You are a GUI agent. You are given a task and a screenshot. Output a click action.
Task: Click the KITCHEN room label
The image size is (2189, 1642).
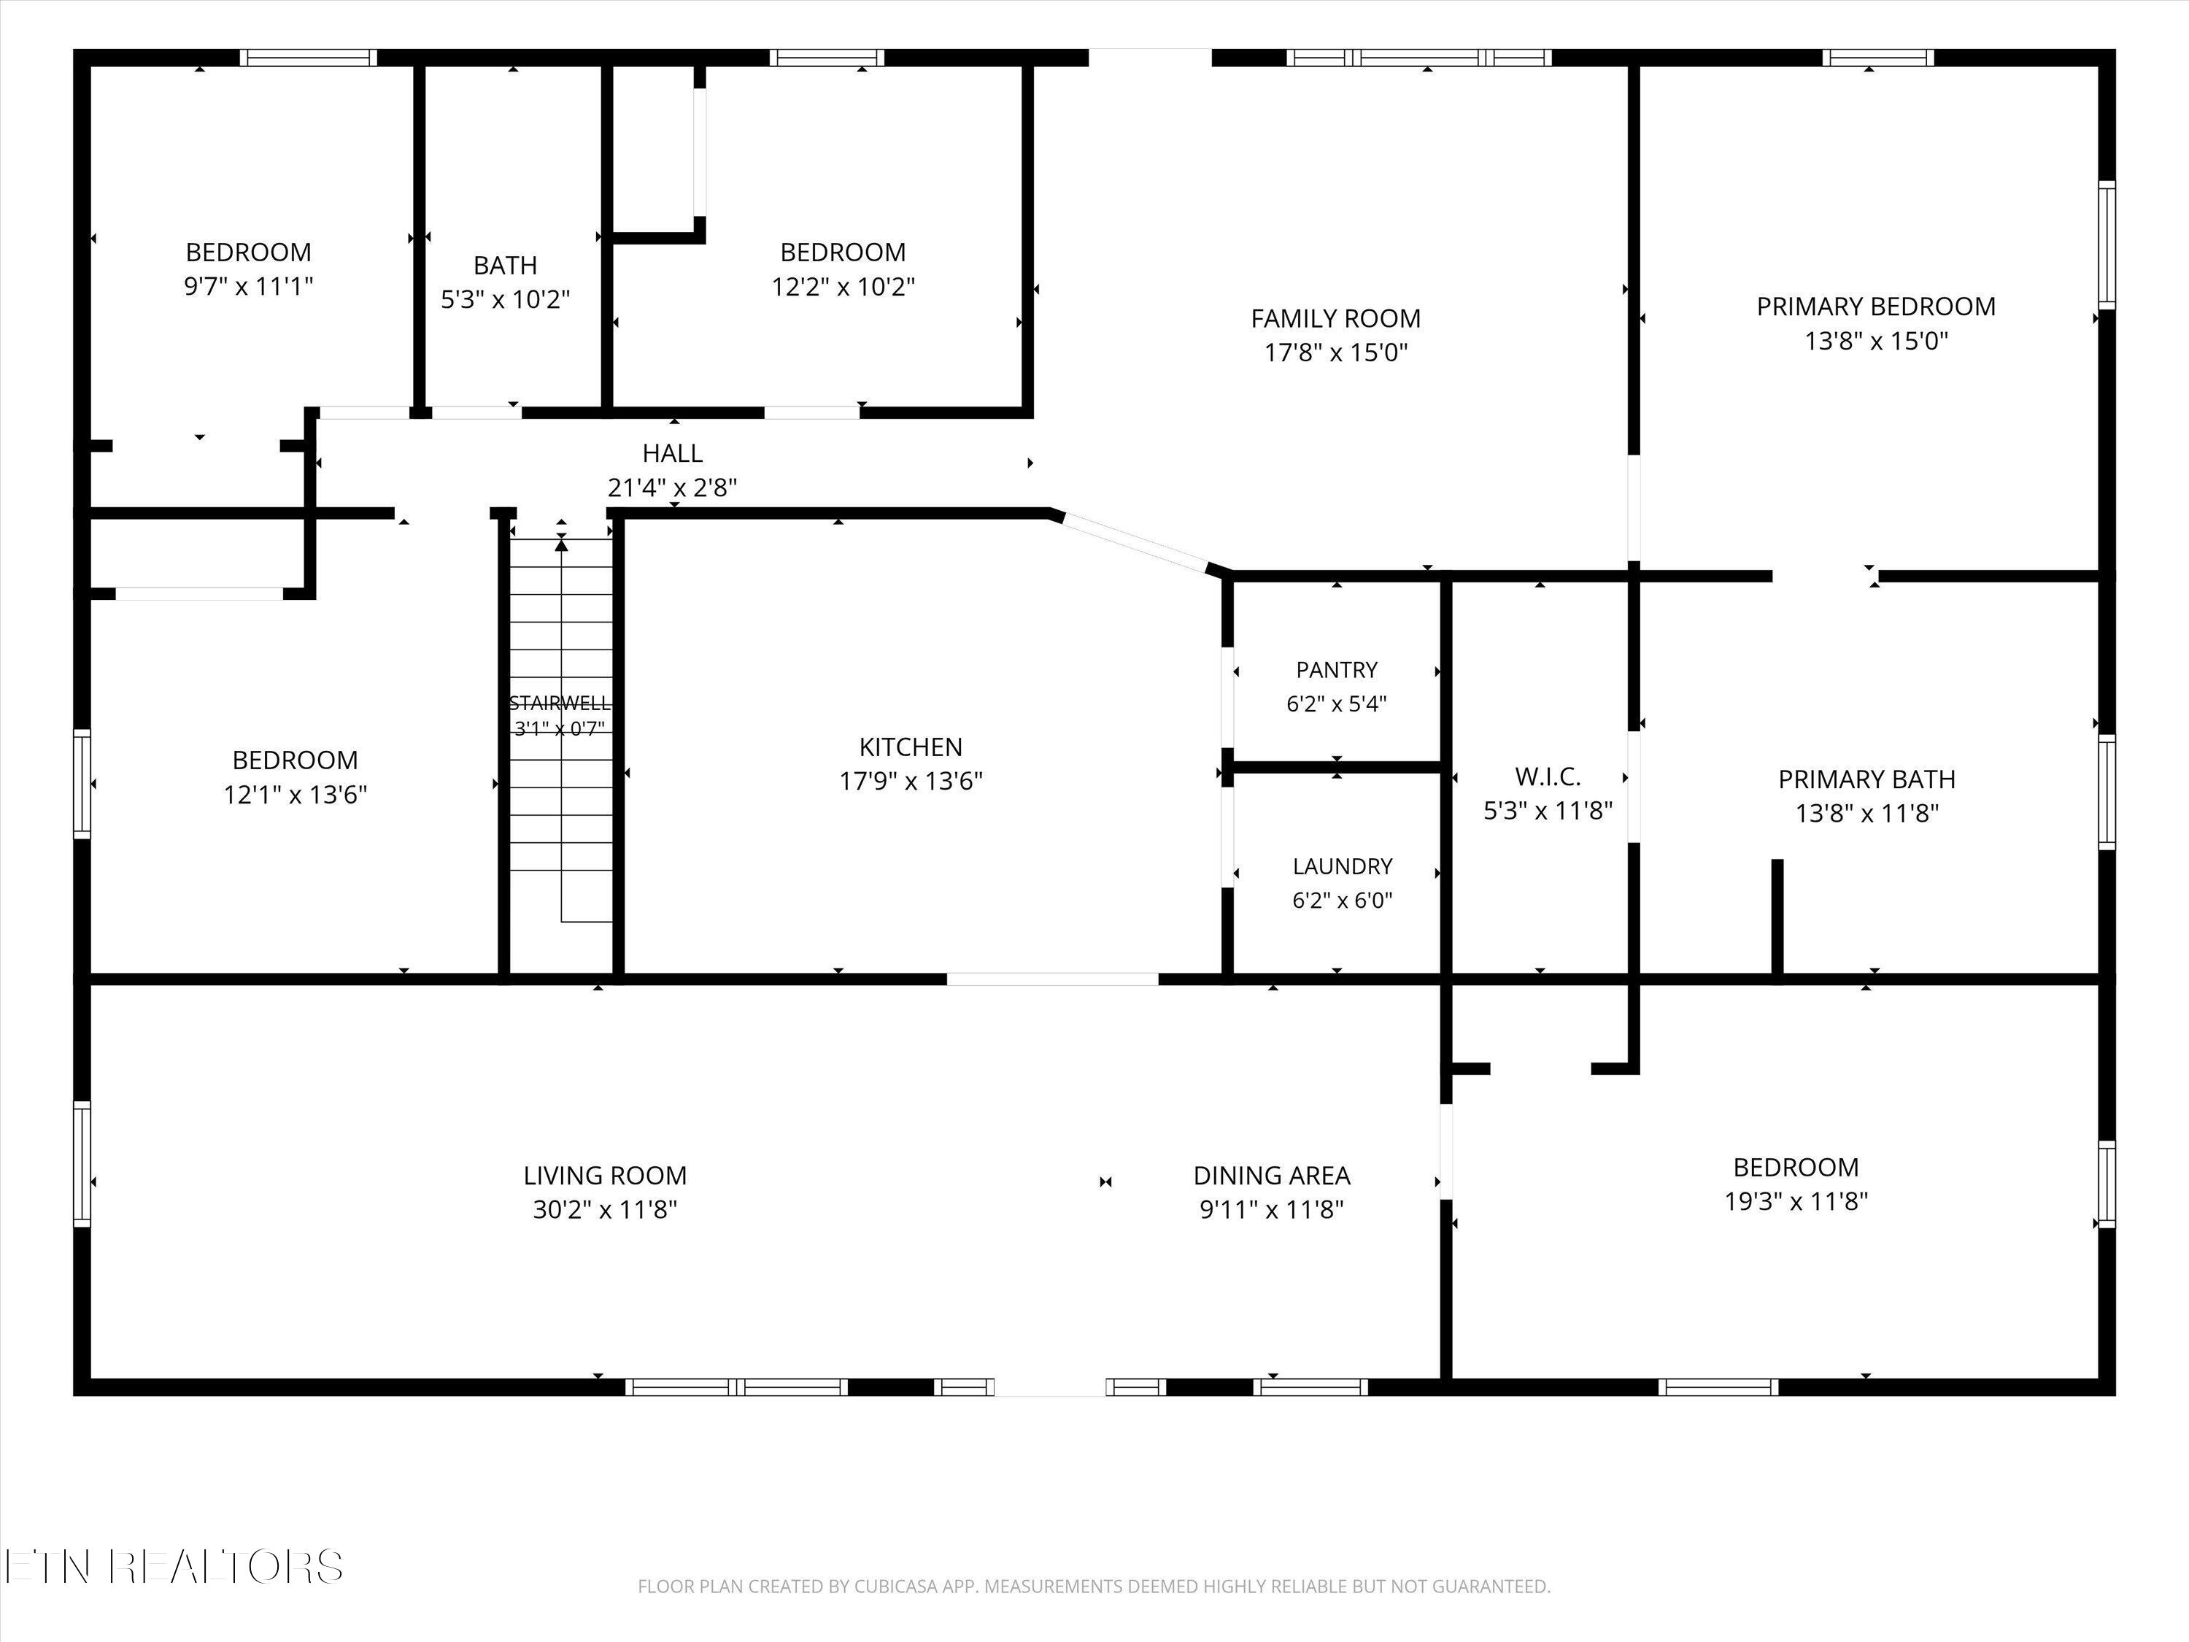911,747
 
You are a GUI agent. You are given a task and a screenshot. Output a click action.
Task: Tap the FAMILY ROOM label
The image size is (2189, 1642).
1335,319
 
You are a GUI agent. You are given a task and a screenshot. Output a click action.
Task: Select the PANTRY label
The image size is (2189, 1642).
1337,670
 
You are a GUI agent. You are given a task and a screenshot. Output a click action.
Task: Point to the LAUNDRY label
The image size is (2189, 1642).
1342,867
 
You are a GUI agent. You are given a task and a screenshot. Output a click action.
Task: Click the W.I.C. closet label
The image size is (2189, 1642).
1548,777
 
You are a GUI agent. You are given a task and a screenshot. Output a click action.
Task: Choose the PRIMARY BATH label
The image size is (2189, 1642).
1866,780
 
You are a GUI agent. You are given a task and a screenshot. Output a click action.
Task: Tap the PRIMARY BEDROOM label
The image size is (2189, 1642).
1875,307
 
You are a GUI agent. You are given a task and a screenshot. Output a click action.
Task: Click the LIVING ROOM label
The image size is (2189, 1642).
605,1176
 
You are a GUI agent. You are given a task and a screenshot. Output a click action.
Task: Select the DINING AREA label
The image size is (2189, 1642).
1272,1176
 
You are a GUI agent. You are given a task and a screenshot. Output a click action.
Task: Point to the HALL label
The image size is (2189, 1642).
672,453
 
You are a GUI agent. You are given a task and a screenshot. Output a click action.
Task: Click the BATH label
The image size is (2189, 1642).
505,265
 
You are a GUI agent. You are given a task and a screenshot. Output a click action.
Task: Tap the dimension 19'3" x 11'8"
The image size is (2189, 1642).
1796,1201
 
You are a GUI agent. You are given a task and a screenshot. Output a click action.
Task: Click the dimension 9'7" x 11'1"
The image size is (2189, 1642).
248,287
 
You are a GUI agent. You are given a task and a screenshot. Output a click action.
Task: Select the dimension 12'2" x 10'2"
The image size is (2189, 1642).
843,287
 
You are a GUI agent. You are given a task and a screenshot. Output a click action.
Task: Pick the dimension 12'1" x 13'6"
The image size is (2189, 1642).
295,795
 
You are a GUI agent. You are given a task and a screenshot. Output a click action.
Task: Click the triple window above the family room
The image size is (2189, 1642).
1419,58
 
